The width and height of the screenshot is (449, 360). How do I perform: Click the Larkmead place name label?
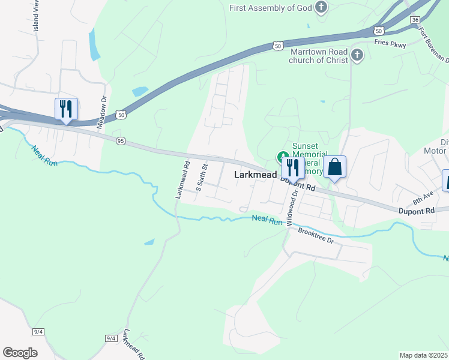(x=255, y=175)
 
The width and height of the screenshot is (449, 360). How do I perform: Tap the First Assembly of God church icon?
(x=322, y=7)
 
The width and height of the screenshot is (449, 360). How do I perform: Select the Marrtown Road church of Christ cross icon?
(x=357, y=56)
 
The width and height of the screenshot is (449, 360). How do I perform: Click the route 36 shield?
(x=415, y=20)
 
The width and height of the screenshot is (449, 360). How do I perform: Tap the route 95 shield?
(x=121, y=140)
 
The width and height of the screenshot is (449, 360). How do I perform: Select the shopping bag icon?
(x=334, y=167)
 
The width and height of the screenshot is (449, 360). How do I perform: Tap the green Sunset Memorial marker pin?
(x=282, y=157)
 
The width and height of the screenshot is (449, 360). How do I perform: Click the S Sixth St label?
(x=202, y=175)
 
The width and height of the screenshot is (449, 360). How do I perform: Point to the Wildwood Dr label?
(x=292, y=208)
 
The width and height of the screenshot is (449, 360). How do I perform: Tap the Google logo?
(x=20, y=352)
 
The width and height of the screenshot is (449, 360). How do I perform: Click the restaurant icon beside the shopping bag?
(x=293, y=167)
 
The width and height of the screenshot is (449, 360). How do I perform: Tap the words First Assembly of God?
(x=272, y=8)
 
